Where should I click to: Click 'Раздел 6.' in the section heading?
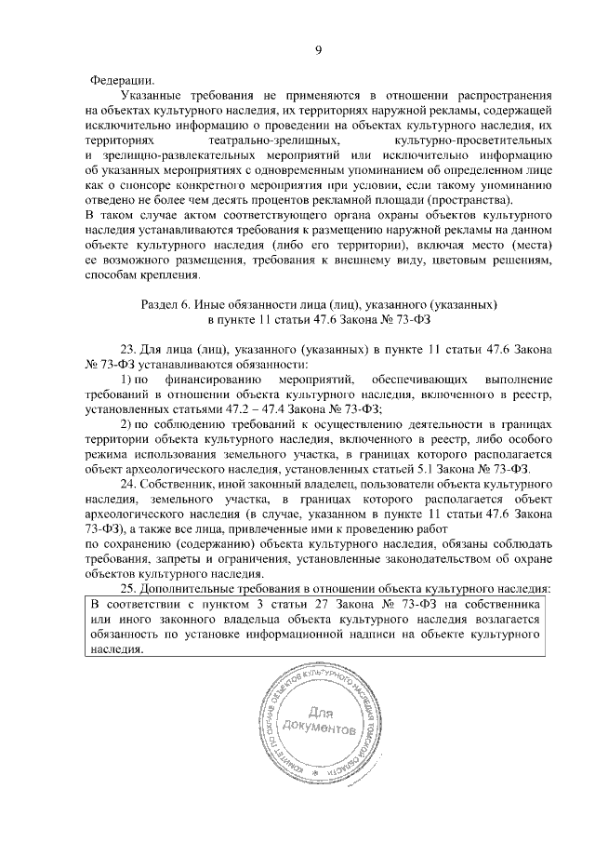167,305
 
